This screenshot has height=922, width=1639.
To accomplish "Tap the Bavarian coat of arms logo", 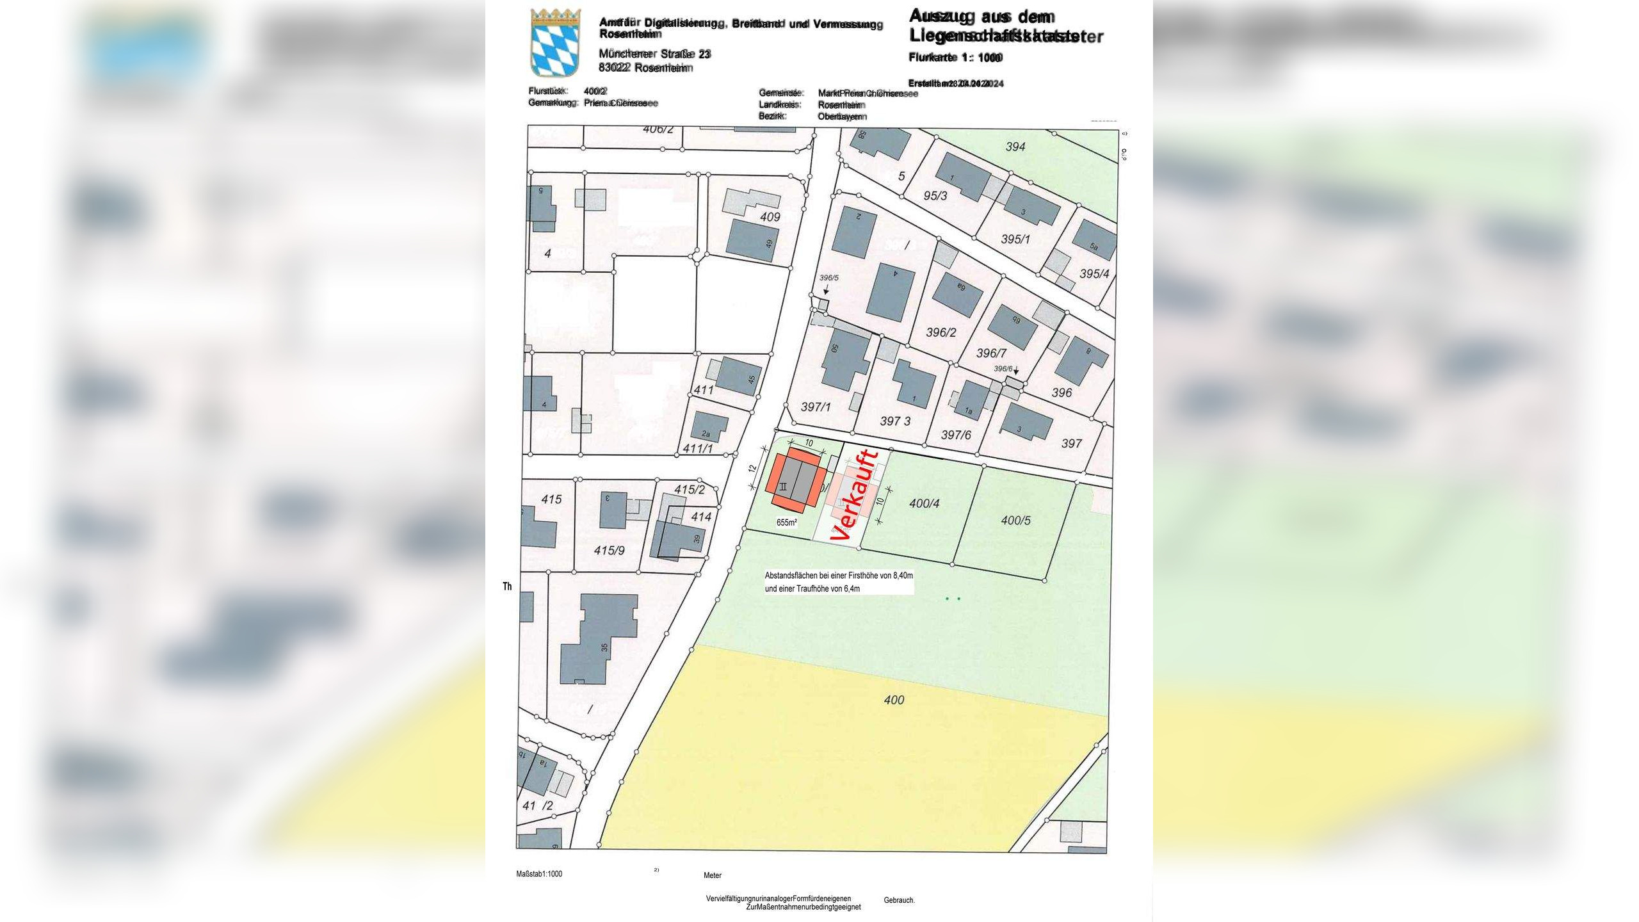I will pyautogui.click(x=555, y=43).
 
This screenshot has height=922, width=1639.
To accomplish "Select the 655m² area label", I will pyautogui.click(x=787, y=522).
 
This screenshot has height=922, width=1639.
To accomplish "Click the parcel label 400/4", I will pyautogui.click(x=924, y=504).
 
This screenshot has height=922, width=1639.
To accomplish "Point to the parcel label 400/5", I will pyautogui.click(x=1015, y=521).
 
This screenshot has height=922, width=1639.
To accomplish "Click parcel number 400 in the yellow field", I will pyautogui.click(x=894, y=700).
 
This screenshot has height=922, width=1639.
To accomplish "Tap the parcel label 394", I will pyautogui.click(x=1015, y=147).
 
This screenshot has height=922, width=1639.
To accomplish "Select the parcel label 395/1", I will pyautogui.click(x=1015, y=239).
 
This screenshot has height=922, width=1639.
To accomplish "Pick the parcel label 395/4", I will pyautogui.click(x=1094, y=274).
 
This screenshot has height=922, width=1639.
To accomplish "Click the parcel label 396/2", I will pyautogui.click(x=941, y=332).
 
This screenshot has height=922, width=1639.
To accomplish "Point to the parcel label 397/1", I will pyautogui.click(x=816, y=407).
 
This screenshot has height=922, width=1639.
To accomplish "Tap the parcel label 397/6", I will pyautogui.click(x=956, y=435).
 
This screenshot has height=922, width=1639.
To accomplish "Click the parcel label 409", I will pyautogui.click(x=770, y=216).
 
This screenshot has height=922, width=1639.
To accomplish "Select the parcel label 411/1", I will pyautogui.click(x=698, y=448).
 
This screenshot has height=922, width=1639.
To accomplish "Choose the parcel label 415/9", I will pyautogui.click(x=609, y=549).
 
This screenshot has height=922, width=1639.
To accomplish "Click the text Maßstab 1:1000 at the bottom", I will pyautogui.click(x=539, y=874).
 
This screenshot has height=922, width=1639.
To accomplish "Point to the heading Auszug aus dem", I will pyautogui.click(x=981, y=17).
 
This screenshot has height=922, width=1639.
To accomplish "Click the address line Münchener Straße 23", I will pyautogui.click(x=654, y=54).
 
